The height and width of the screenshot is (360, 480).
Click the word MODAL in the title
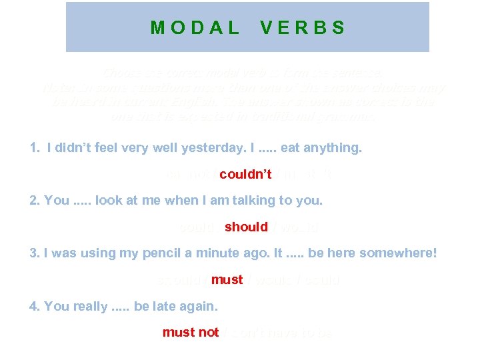pyautogui.click(x=195, y=28)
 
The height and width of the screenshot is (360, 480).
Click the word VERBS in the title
pyautogui.click(x=303, y=28)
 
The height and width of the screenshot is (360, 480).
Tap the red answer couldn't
pyautogui.click(x=245, y=175)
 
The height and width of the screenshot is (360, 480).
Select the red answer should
pyautogui.click(x=246, y=227)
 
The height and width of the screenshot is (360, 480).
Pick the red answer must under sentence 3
pyautogui.click(x=227, y=280)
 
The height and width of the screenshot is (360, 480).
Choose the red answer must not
pyautogui.click(x=191, y=332)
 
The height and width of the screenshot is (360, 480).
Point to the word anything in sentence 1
pyautogui.click(x=332, y=148)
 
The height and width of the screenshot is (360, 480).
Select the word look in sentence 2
pyautogui.click(x=108, y=201)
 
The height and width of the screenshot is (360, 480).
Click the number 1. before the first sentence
pyautogui.click(x=35, y=148)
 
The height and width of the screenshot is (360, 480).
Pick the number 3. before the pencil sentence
pyautogui.click(x=35, y=253)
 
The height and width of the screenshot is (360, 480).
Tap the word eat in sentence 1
pyautogui.click(x=290, y=148)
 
